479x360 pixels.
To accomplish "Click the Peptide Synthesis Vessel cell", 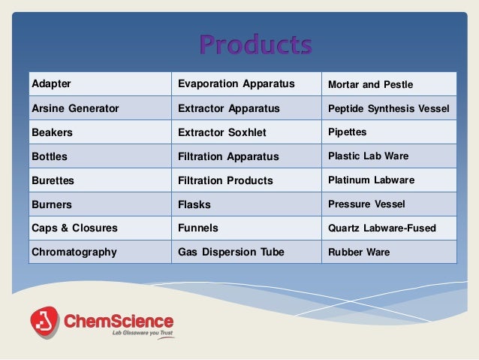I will click(389, 108).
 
